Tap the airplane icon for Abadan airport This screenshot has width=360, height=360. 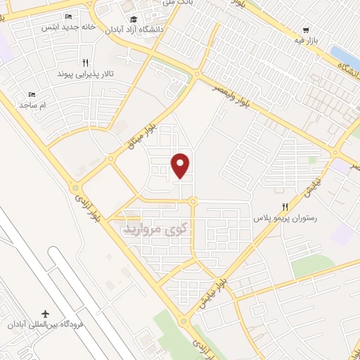47,312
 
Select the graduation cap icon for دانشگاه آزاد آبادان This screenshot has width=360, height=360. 134,18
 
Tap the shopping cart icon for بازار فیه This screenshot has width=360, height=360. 305,30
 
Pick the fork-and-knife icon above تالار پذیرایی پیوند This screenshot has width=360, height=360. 85,62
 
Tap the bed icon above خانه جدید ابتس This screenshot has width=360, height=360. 68,16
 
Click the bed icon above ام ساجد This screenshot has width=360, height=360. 31,94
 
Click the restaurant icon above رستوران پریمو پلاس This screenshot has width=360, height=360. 285,207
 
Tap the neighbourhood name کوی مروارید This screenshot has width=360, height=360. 156,228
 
